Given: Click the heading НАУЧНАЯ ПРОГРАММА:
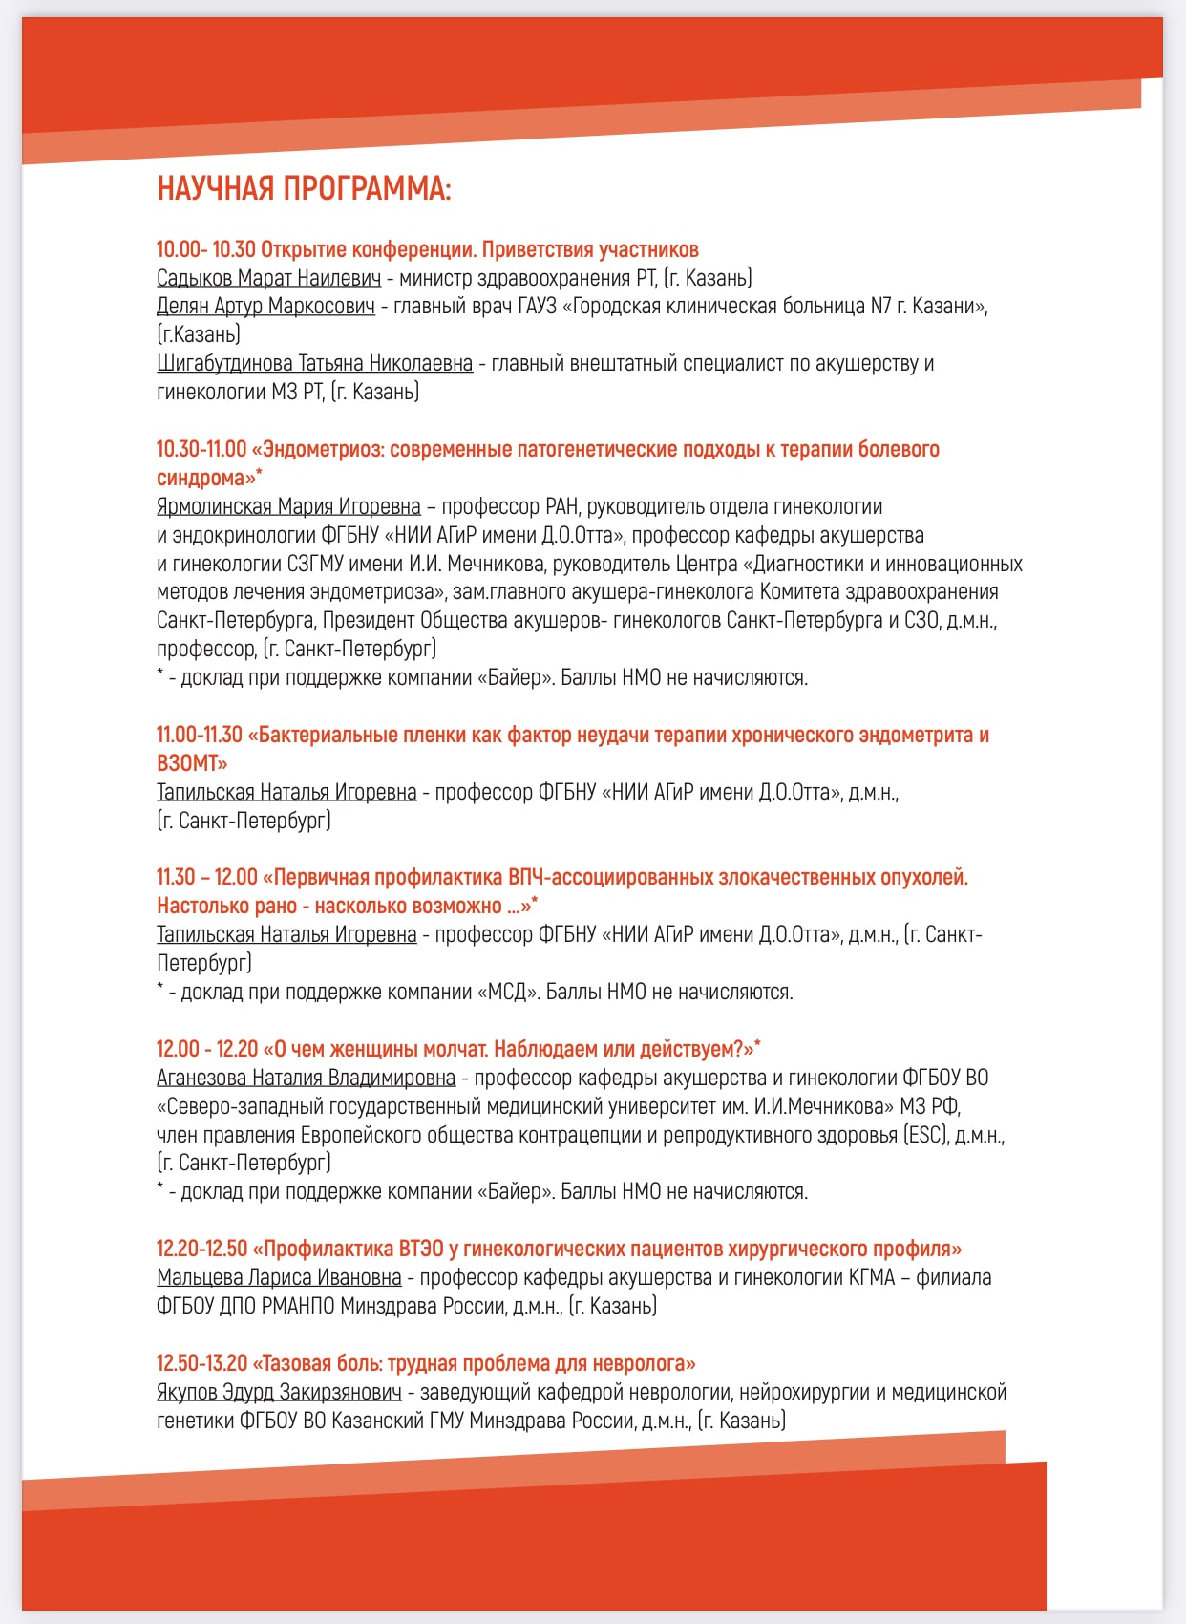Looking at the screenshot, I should (x=304, y=188).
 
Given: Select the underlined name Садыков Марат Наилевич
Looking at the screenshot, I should (x=268, y=278).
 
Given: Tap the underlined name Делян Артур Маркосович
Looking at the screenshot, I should (x=265, y=307).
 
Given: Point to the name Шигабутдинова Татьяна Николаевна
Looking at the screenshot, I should (x=314, y=364).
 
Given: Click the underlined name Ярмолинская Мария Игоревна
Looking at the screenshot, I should (x=288, y=506).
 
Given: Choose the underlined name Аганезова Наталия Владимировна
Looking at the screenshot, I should (x=306, y=1079).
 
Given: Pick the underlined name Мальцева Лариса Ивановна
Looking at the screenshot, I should (x=279, y=1278).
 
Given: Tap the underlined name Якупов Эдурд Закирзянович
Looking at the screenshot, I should (x=279, y=1393).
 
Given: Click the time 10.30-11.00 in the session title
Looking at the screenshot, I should (x=201, y=450).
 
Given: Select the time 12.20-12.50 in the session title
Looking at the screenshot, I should (x=201, y=1250).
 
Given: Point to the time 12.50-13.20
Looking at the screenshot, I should (x=201, y=1364).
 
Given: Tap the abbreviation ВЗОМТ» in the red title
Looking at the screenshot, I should (x=192, y=764).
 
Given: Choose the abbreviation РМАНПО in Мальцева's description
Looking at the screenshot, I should (x=298, y=1307).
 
